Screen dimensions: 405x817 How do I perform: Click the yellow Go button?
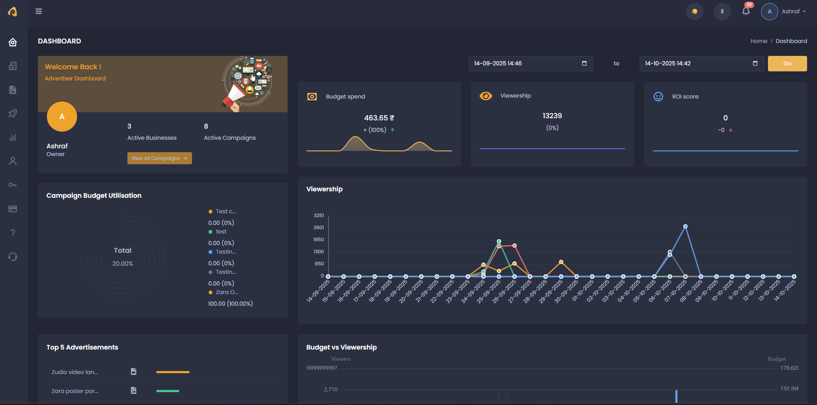tap(787, 64)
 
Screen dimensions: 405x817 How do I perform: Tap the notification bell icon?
tap(746, 11)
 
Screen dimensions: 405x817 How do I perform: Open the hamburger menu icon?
tap(39, 11)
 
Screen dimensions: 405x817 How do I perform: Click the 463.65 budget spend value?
tap(379, 118)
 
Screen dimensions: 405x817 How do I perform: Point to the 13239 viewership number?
tap(552, 116)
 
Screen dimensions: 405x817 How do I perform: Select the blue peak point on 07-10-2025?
tap(685, 226)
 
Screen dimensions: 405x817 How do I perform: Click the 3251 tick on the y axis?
tap(319, 215)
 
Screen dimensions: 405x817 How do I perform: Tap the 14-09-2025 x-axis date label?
tap(318, 291)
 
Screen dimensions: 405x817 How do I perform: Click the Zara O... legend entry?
tap(226, 292)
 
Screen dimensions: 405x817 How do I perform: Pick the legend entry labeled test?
tap(221, 232)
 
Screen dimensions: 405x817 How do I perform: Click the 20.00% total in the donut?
tap(123, 264)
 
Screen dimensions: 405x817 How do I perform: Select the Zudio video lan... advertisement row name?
tap(74, 372)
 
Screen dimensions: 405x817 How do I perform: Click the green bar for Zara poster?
tap(167, 391)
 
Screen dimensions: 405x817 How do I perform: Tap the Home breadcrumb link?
tap(758, 41)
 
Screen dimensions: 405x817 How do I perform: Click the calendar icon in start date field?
tap(584, 63)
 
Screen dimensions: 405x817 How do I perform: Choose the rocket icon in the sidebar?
tap(13, 114)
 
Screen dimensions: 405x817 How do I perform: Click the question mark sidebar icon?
tap(13, 233)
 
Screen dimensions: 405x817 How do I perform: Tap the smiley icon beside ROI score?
tap(658, 96)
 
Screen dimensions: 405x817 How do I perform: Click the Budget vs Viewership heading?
tap(341, 347)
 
